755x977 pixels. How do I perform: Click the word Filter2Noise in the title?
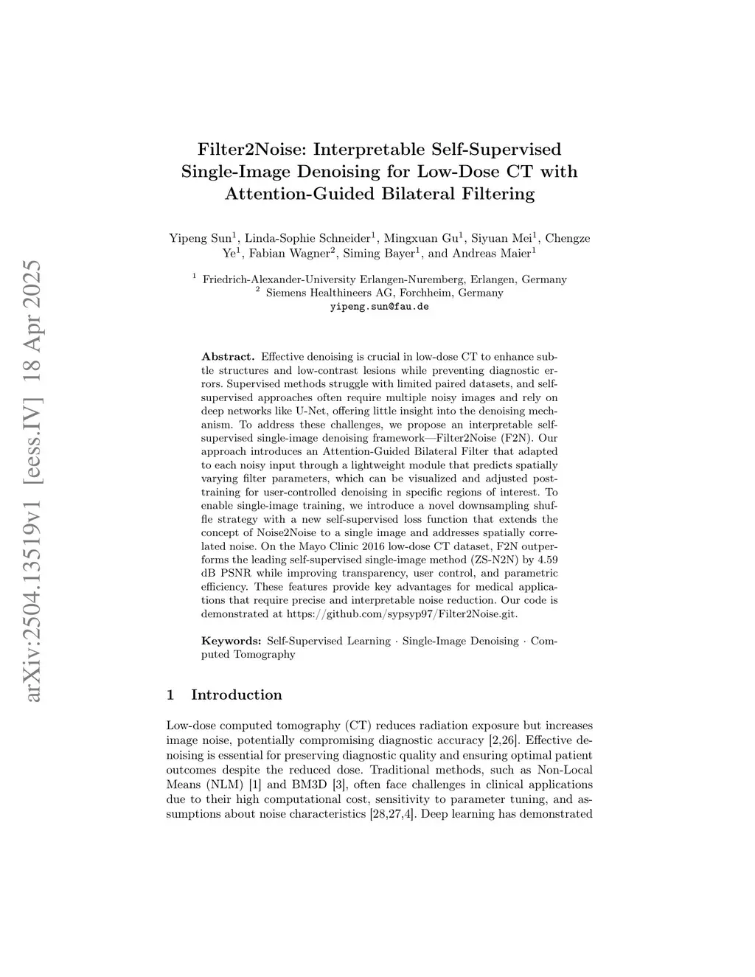click(x=251, y=149)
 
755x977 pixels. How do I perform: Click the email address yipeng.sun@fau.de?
click(x=379, y=306)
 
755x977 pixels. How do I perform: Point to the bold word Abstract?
click(x=228, y=357)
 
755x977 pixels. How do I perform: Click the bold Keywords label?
click(x=231, y=641)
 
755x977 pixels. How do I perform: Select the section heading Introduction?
click(x=236, y=695)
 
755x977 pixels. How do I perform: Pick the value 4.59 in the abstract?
click(x=546, y=560)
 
